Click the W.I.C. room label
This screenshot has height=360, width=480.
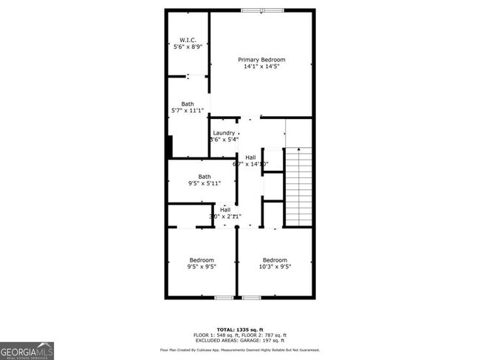point(187,40)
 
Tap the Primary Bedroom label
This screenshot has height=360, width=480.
point(261,59)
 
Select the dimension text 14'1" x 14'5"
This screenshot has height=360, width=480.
point(261,67)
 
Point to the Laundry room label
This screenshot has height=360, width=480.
point(224,133)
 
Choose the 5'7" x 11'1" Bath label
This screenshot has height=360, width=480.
point(188,104)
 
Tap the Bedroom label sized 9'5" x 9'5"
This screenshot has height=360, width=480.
point(202,259)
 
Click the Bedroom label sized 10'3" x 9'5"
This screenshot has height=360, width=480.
point(275,259)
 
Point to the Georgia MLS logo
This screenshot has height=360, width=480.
point(27,350)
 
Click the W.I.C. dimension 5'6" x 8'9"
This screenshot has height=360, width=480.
point(187,47)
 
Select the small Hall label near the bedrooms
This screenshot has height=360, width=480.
point(224,210)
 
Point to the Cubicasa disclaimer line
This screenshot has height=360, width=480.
point(240,349)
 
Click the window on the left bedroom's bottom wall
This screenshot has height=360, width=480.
point(224,297)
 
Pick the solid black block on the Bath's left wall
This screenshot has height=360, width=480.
point(170,146)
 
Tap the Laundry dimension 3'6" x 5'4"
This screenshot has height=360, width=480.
point(224,140)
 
